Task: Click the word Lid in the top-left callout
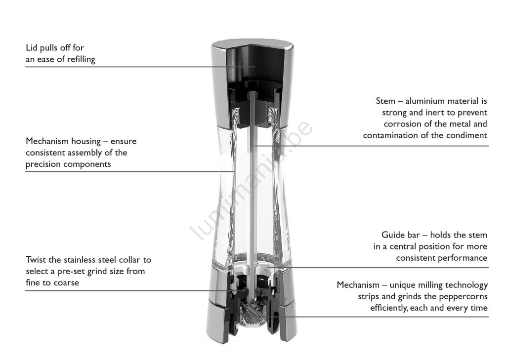click(x=31, y=48)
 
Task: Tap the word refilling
click(x=81, y=59)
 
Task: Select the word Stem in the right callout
click(x=385, y=101)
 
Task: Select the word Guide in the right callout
click(x=391, y=235)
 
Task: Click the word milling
click(x=424, y=285)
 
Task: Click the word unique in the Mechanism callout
click(x=399, y=285)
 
